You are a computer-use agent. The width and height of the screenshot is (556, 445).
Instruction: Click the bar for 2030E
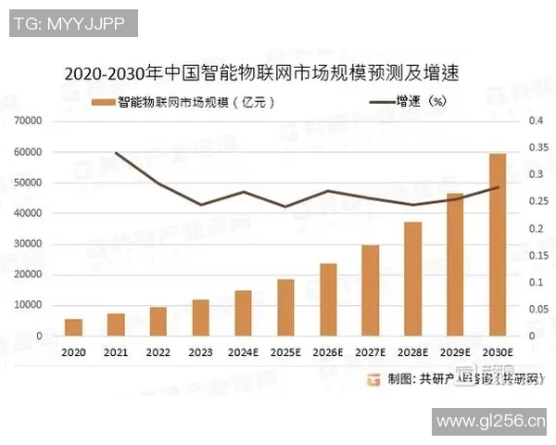pyautogui.click(x=497, y=245)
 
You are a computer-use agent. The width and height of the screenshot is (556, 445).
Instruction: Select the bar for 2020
pyautogui.click(x=73, y=326)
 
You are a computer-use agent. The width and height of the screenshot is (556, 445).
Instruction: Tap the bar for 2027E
pyautogui.click(x=370, y=290)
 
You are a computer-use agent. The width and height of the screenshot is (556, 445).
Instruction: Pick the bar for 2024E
pyautogui.click(x=243, y=312)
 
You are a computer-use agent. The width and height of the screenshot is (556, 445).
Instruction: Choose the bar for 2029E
pyautogui.click(x=455, y=265)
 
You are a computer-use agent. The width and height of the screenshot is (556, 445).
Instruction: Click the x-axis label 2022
pyautogui.click(x=158, y=353)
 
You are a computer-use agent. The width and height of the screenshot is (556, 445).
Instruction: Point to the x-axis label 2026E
pyautogui.click(x=328, y=353)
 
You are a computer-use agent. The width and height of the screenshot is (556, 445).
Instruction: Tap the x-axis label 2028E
pyautogui.click(x=412, y=353)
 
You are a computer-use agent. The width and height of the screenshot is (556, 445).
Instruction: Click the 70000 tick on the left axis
pyautogui.click(x=28, y=121)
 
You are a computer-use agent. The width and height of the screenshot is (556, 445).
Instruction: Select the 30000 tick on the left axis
pyautogui.click(x=28, y=244)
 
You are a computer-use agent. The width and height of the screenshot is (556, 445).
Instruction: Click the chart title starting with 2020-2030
pyautogui.click(x=260, y=72)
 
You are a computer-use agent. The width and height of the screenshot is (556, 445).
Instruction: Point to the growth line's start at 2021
pyautogui.click(x=116, y=153)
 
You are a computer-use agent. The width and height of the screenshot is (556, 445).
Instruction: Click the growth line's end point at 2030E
pyautogui.click(x=497, y=187)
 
